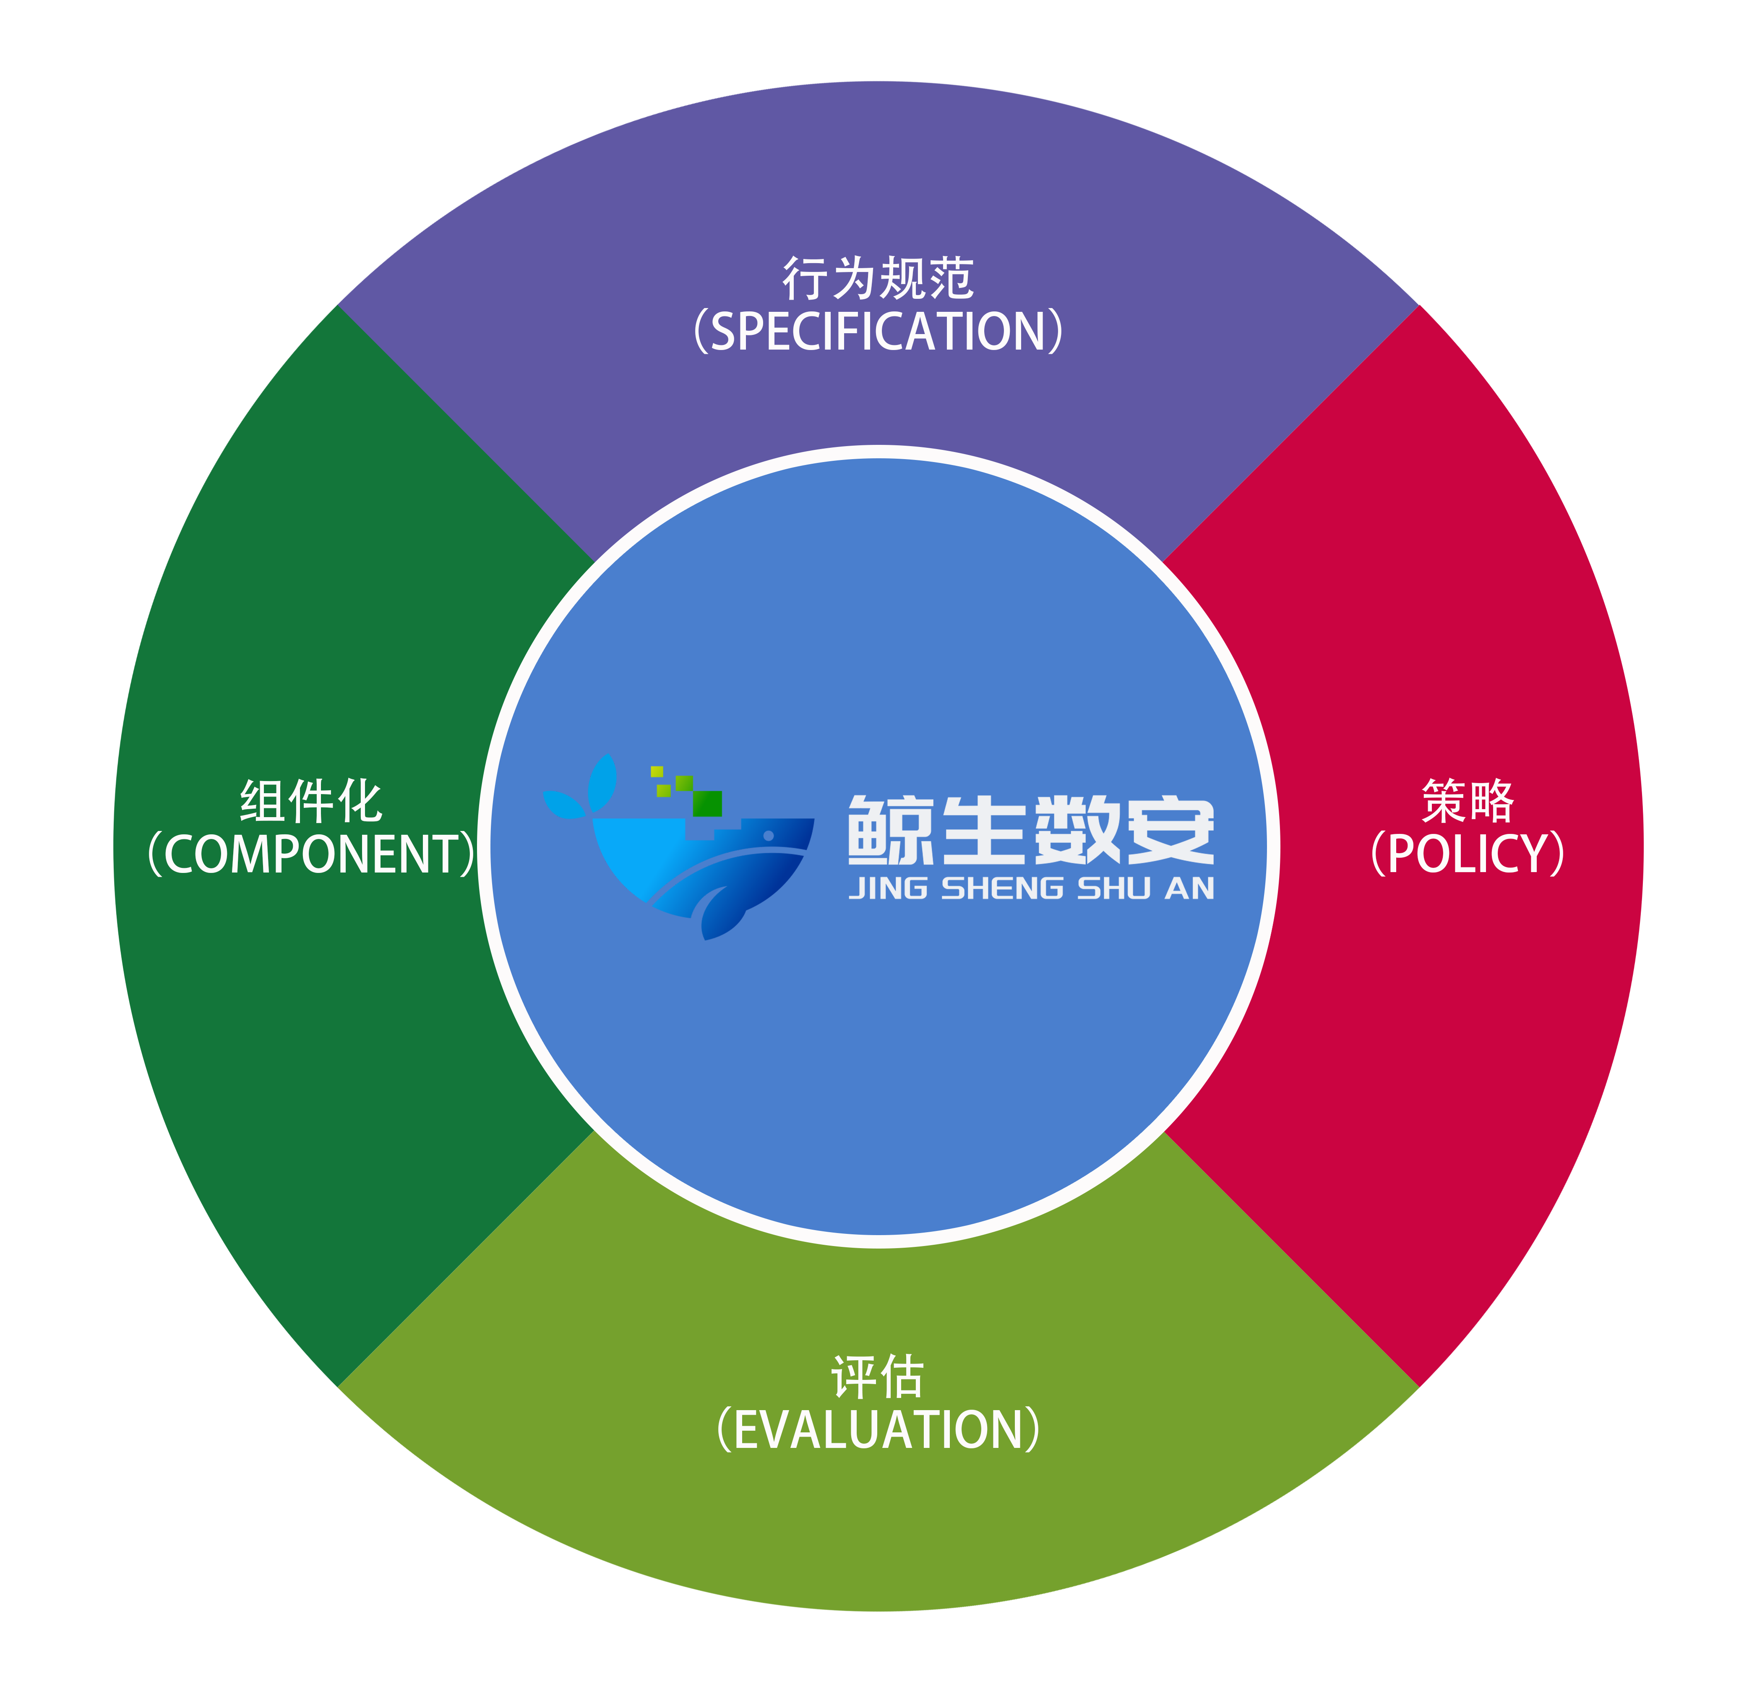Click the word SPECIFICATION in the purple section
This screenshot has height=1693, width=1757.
tap(878, 332)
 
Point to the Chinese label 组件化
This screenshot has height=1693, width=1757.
tap(311, 801)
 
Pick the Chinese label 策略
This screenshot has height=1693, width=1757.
tap(1468, 801)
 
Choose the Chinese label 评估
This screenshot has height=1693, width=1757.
tap(878, 1377)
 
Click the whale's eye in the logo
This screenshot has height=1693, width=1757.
tap(768, 836)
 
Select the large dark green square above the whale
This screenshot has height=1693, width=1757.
tap(707, 803)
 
